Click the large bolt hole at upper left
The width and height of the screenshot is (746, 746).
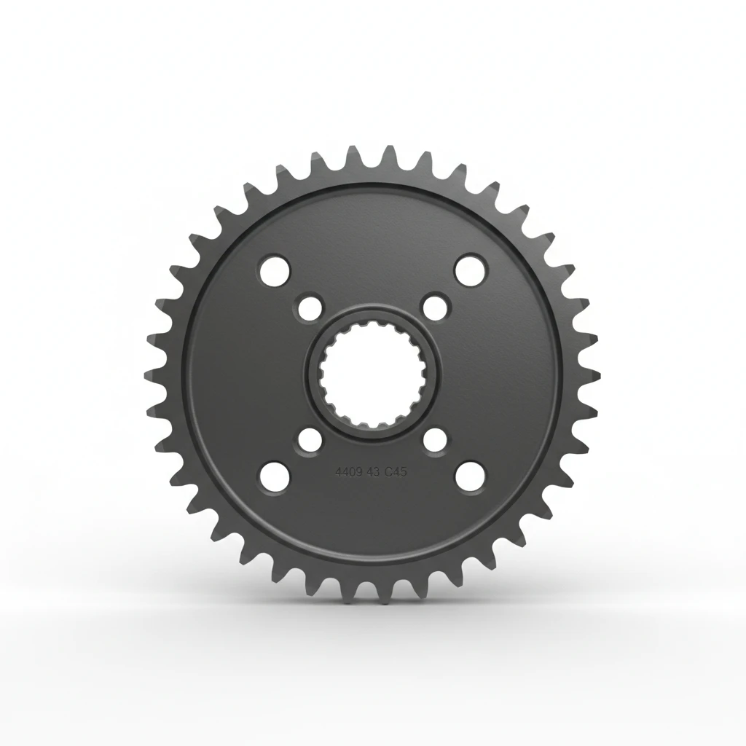click(x=274, y=269)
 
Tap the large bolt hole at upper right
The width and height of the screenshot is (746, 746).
click(x=470, y=269)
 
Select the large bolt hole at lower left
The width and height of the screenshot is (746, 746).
click(x=274, y=476)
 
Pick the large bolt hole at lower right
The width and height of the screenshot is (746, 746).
click(x=470, y=476)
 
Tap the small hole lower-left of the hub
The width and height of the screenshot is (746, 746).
click(x=310, y=440)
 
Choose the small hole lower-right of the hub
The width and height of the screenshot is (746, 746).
click(x=435, y=440)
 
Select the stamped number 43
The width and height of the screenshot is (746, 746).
click(x=371, y=472)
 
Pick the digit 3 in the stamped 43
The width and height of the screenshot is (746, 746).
click(x=374, y=472)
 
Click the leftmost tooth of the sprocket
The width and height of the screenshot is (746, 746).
click(x=151, y=374)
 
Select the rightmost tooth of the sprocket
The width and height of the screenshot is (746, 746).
click(x=594, y=374)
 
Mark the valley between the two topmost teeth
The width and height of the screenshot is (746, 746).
click(x=372, y=163)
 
